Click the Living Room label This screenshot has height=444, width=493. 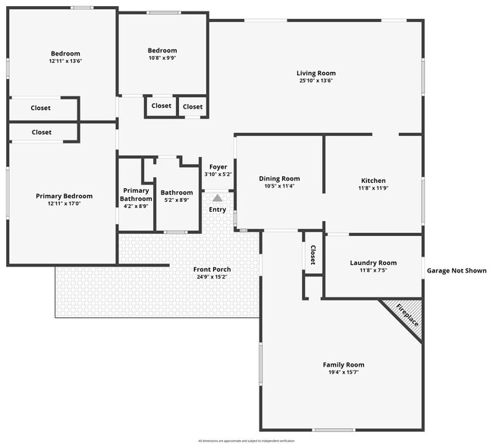(x=315, y=73)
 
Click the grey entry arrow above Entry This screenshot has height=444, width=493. (x=217, y=197)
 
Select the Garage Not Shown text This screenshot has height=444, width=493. (x=456, y=270)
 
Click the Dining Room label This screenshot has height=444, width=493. (x=279, y=178)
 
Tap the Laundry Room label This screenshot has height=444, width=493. (x=373, y=263)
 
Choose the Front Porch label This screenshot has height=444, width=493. (x=212, y=269)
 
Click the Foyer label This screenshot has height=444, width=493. (x=218, y=166)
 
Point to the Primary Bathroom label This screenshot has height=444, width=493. (x=136, y=194)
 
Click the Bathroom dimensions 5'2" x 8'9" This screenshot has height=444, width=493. (x=176, y=200)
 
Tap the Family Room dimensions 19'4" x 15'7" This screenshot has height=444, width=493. (x=344, y=372)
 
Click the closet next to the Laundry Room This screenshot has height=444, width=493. (x=312, y=255)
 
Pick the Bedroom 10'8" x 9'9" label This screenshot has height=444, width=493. (x=162, y=51)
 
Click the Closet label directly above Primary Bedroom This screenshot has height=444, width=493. (x=42, y=132)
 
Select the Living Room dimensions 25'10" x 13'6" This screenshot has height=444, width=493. (x=315, y=80)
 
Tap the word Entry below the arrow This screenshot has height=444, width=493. (x=217, y=209)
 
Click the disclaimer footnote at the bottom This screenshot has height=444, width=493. (x=246, y=439)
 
